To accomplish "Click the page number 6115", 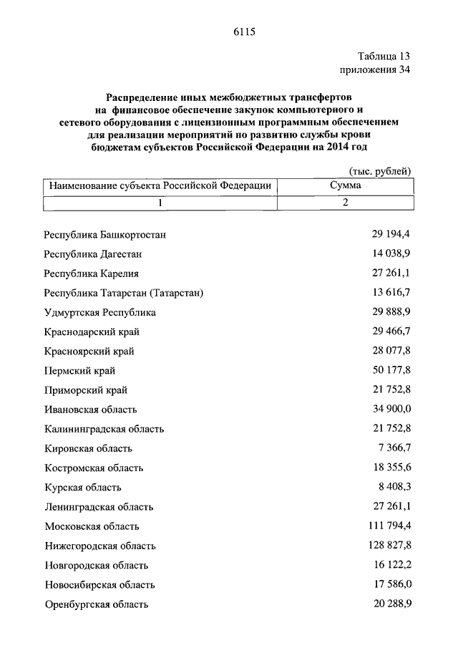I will pos(244,32).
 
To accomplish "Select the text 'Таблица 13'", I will pos(384,56).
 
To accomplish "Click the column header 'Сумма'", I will pos(345,185).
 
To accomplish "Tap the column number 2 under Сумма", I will pos(345,203).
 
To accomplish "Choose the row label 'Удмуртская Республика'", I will pos(99,313).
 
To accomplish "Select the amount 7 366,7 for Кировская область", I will pos(394,448).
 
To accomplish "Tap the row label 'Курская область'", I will pos(82,488).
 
